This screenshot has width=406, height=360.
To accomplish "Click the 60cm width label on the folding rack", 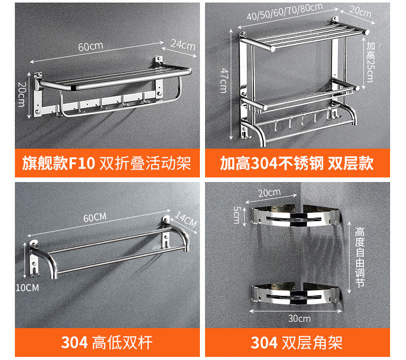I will (x=90, y=46).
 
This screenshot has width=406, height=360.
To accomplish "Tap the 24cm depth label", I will (x=183, y=45).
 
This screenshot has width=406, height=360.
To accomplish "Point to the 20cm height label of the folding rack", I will (x=21, y=95).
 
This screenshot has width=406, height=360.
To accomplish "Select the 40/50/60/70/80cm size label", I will (x=284, y=12).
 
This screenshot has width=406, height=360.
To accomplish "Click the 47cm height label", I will (x=223, y=80).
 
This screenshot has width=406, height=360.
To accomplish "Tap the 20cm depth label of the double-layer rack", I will (x=360, y=12).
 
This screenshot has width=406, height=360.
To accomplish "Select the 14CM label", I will (x=186, y=220).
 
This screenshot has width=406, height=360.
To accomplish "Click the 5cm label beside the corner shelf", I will (x=236, y=214).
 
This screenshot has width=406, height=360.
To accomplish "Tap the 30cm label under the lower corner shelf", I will (x=299, y=318).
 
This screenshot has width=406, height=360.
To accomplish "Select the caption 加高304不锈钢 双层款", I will (x=297, y=164).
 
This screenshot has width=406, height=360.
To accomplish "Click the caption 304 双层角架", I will (x=297, y=342).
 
